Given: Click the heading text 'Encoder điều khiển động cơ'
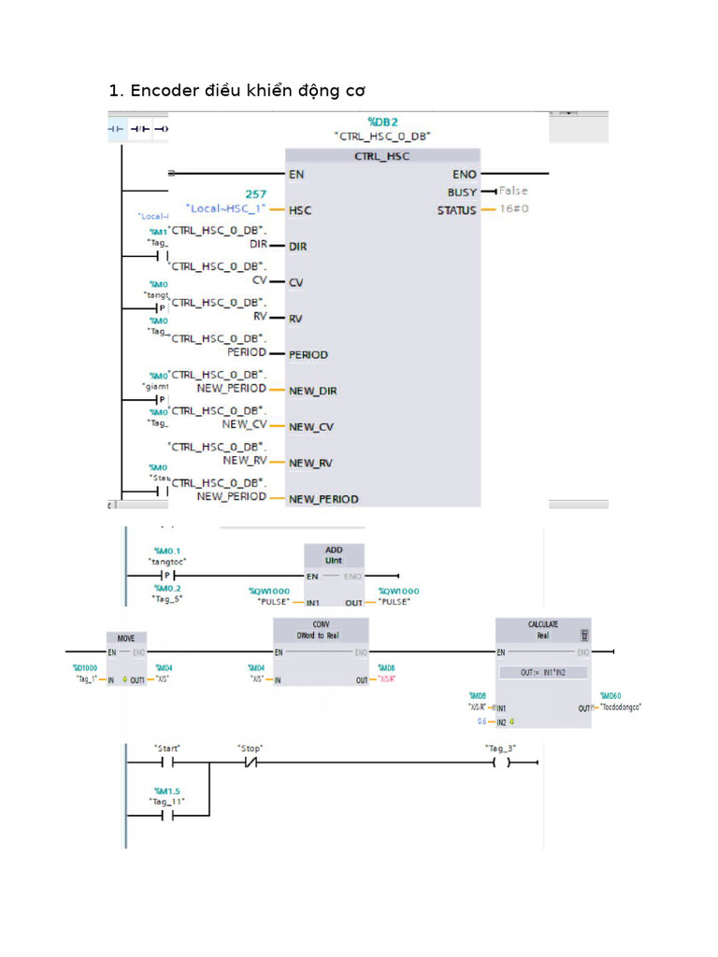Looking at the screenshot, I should coord(248,91).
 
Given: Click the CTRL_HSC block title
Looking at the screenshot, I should coord(381,156).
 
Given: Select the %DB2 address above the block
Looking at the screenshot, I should coord(382,121).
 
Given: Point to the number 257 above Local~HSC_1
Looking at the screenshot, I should coord(256,194).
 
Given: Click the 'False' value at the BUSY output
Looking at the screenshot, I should coord(513,191).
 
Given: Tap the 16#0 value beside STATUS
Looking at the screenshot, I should coord(514,209).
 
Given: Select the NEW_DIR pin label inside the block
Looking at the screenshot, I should coord(311,391).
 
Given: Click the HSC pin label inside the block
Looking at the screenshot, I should coord(300,210).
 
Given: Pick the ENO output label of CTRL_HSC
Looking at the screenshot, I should coord(464,174).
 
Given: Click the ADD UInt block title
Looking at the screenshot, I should coord(334,554).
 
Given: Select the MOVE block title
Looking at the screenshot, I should coord(125,638).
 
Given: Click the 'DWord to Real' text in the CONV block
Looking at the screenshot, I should coord(321,634).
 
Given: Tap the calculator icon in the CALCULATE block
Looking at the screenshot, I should coord(584,634).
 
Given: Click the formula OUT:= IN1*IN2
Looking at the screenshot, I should coord(542,672).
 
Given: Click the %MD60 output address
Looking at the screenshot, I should coord(610,695).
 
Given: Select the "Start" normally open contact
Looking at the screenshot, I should coord(166,763).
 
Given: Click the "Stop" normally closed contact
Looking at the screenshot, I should coord(250,763).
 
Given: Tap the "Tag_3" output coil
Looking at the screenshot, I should coord(501,763).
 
